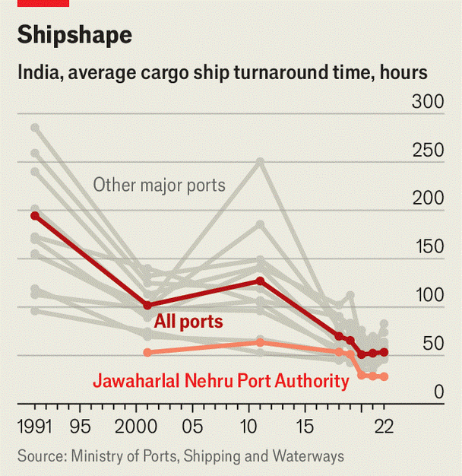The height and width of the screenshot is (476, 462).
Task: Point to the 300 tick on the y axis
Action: pyautogui.click(x=428, y=102)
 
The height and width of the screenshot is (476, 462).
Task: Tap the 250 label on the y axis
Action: pyautogui.click(x=428, y=151)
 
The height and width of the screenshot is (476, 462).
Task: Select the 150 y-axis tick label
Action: pyautogui.click(x=428, y=247)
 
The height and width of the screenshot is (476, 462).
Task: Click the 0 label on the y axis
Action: pyautogui.click(x=438, y=392)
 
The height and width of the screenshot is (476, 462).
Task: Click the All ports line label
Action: pyautogui.click(x=188, y=322)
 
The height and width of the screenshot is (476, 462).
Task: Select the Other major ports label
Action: pyautogui.click(x=159, y=185)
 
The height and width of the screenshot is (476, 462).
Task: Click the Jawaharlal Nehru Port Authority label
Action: pyautogui.click(x=220, y=380)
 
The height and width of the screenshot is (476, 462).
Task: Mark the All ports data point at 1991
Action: pyautogui.click(x=35, y=216)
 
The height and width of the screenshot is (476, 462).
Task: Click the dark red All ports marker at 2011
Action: pyautogui.click(x=260, y=281)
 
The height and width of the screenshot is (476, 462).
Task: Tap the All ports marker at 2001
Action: pyautogui.click(x=147, y=305)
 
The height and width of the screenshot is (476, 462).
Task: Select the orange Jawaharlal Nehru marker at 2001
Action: pyautogui.click(x=147, y=352)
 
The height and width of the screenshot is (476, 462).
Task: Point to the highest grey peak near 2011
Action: pyautogui.click(x=260, y=161)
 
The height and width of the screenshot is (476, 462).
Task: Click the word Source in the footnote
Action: pyautogui.click(x=40, y=456)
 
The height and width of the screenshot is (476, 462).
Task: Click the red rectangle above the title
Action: pyautogui.click(x=43, y=3)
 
